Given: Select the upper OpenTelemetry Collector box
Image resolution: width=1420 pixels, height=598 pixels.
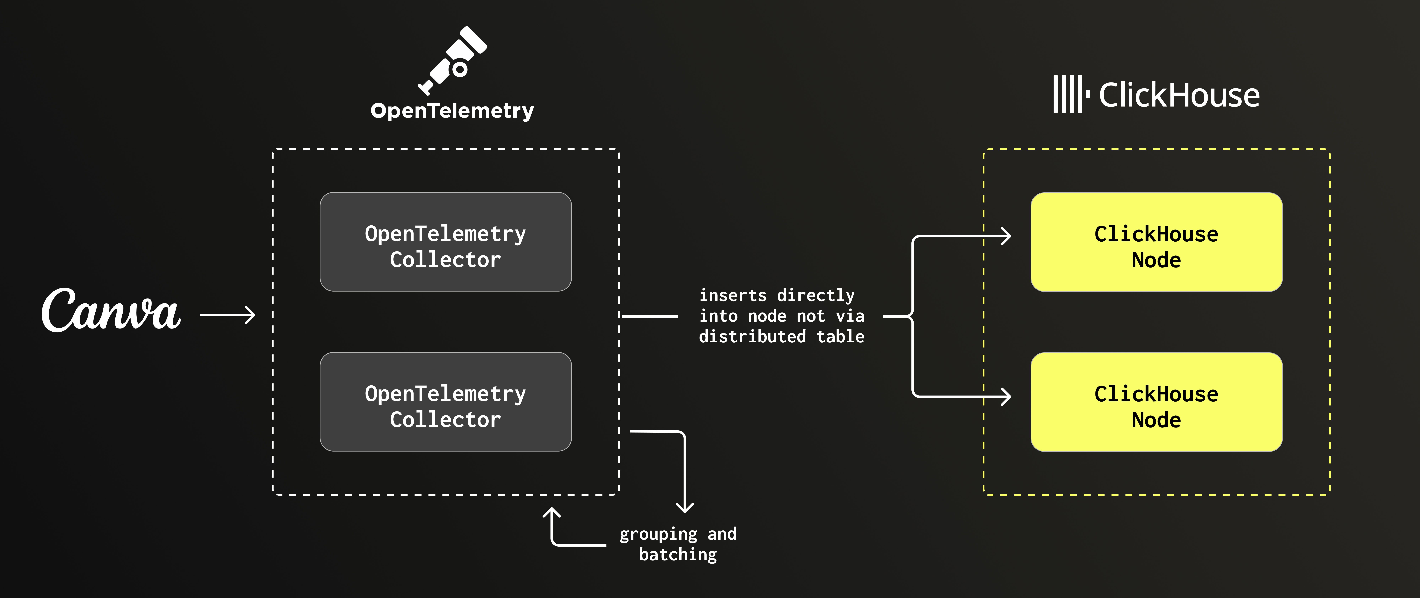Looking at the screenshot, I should tap(445, 242).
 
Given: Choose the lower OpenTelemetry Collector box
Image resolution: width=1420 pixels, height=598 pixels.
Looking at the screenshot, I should tap(445, 402).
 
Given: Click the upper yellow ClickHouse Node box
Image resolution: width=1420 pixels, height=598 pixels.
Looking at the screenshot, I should tap(1156, 242).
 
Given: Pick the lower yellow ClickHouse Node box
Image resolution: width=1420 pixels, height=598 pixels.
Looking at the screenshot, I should tap(1156, 402).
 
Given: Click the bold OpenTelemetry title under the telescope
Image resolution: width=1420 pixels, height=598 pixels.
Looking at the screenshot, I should tap(452, 111).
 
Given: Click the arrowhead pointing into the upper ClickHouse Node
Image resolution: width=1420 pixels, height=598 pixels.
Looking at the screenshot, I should tap(1006, 236).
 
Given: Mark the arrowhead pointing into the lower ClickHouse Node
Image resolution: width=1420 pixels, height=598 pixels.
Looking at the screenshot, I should tap(1006, 396).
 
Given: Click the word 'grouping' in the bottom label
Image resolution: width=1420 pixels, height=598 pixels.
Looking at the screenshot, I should tap(658, 534).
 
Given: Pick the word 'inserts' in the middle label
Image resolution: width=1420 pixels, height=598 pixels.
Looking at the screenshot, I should tap(733, 296).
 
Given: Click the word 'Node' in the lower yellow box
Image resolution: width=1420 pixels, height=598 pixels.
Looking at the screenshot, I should tap(1156, 420).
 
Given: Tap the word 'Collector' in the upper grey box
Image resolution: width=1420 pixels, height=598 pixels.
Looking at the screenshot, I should tap(445, 260).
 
